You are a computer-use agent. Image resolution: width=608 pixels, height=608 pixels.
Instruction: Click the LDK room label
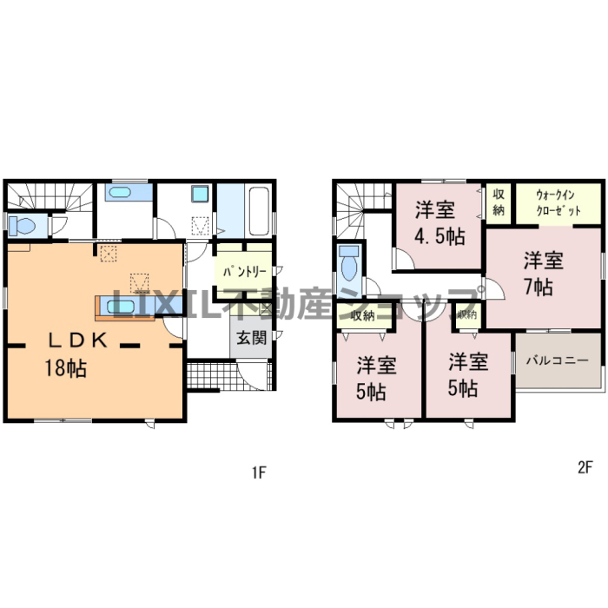[77, 340]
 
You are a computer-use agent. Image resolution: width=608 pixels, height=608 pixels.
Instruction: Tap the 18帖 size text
[65, 367]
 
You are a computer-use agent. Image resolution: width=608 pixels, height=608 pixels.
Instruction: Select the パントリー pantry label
[245, 271]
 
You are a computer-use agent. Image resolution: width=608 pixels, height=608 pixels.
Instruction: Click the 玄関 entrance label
[252, 338]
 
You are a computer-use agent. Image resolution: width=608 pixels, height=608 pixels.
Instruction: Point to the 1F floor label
[259, 473]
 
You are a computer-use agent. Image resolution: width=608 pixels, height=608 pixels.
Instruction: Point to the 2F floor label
[585, 467]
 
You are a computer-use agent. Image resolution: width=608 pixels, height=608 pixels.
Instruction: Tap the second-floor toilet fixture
[348, 262]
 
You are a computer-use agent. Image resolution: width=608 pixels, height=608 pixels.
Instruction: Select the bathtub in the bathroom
[259, 211]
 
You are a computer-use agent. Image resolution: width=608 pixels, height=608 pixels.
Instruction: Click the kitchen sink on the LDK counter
[121, 307]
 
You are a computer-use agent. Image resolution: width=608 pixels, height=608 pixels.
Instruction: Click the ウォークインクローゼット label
[558, 203]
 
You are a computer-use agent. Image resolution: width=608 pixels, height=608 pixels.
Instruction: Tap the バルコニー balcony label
[558, 360]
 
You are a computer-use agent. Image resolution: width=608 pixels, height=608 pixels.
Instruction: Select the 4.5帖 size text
[439, 235]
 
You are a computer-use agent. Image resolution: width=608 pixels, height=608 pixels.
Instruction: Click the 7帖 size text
[539, 287]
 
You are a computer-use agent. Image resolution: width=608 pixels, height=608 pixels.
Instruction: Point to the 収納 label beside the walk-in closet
[499, 202]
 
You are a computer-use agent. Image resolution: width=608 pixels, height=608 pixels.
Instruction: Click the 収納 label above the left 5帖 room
[362, 315]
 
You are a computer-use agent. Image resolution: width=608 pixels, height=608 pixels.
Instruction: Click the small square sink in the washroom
[200, 194]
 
